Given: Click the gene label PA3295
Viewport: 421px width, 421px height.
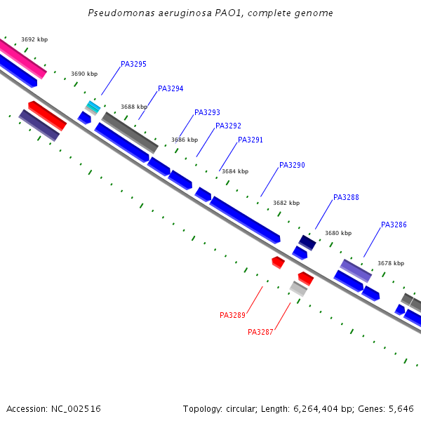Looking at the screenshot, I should click(133, 64).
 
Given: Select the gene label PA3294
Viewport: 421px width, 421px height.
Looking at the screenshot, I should click(171, 88).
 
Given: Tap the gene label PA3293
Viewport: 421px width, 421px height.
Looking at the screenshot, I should click(207, 112).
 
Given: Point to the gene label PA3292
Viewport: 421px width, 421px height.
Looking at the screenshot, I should click(228, 126).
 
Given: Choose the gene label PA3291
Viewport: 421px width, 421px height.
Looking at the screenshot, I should click(250, 140).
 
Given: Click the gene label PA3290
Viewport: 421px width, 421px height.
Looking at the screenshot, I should click(292, 165).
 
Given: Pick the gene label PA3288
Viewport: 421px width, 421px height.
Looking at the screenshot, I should click(346, 197).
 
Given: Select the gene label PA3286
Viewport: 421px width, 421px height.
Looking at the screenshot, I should click(394, 225).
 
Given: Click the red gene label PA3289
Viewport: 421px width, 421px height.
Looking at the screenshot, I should click(232, 315).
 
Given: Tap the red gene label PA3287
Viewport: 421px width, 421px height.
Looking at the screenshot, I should click(260, 332).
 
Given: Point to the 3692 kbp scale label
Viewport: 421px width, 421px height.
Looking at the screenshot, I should click(34, 40).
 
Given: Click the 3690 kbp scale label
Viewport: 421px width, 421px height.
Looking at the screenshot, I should click(84, 74).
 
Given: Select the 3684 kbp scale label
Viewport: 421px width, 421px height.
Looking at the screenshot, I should click(234, 171).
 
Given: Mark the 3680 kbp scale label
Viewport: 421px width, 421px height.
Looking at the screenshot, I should click(338, 233).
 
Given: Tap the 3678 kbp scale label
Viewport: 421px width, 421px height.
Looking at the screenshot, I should click(390, 263).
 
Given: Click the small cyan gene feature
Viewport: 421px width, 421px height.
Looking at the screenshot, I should click(93, 107).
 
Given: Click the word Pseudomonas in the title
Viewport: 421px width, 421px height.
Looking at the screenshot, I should click(117, 13).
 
